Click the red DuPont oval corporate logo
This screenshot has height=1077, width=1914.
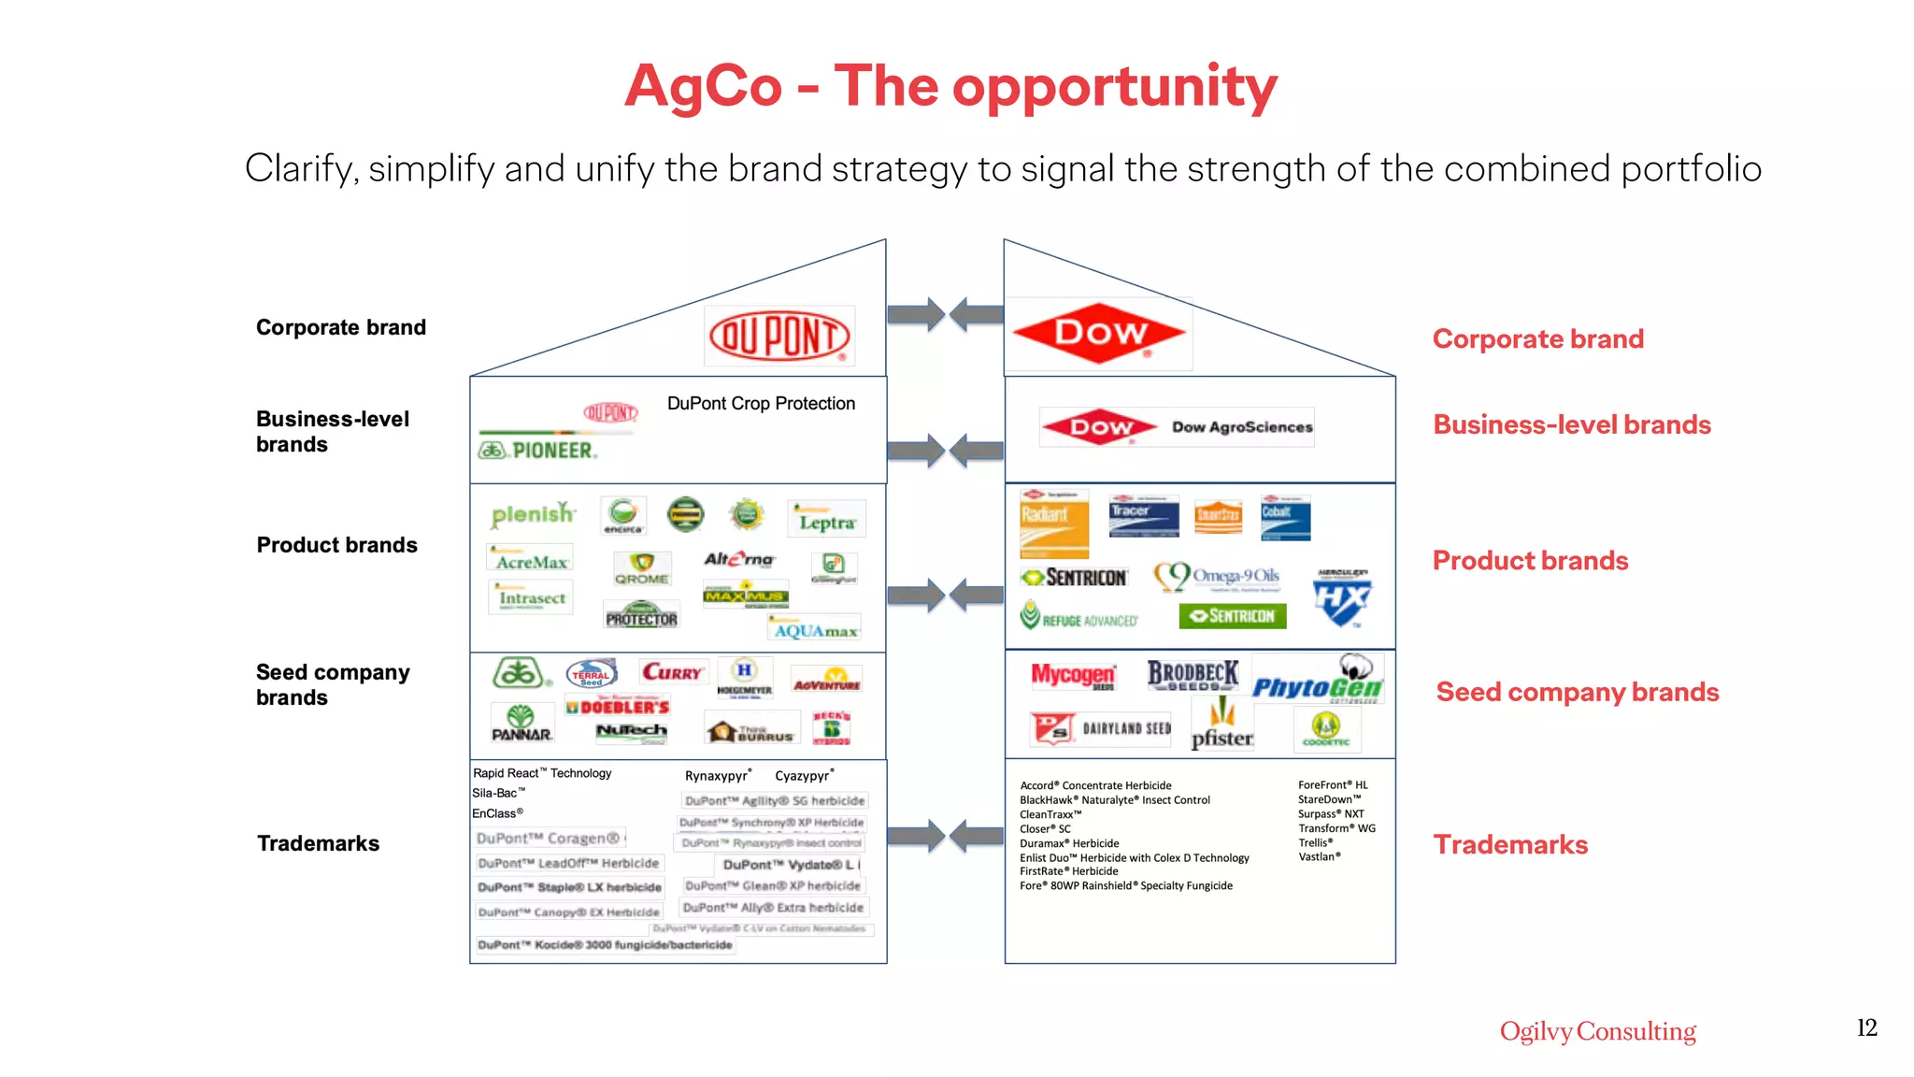pyautogui.click(x=779, y=337)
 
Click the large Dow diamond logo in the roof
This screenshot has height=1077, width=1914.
pyautogui.click(x=1099, y=333)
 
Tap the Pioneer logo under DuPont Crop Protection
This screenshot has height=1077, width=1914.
pyautogui.click(x=538, y=450)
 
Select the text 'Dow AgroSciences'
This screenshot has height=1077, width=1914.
pyautogui.click(x=1242, y=427)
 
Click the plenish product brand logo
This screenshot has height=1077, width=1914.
pyautogui.click(x=533, y=514)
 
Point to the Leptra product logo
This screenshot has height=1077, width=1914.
pyautogui.click(x=826, y=521)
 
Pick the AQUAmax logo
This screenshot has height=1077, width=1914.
pyautogui.click(x=815, y=629)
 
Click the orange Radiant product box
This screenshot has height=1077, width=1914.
pyautogui.click(x=1054, y=524)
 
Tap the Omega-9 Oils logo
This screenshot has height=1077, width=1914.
pyautogui.click(x=1217, y=577)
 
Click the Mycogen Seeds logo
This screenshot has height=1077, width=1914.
pyautogui.click(x=1073, y=675)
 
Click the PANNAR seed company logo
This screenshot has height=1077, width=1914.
pyautogui.click(x=521, y=724)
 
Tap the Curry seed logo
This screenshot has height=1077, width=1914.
pyautogui.click(x=672, y=672)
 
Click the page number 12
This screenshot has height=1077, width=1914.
pyautogui.click(x=1866, y=1027)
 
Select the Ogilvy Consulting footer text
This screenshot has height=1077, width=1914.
pyautogui.click(x=1597, y=1031)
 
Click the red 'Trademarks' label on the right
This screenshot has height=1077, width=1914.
pyautogui.click(x=1510, y=844)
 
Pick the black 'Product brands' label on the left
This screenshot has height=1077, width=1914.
pyautogui.click(x=336, y=545)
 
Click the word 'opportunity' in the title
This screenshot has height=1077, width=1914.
pyautogui.click(x=1114, y=88)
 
